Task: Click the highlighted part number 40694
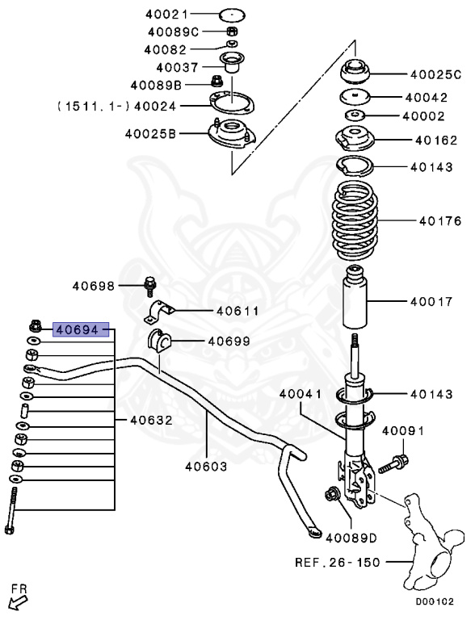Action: point(81,329)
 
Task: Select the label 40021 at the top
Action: point(167,15)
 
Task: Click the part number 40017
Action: point(431,303)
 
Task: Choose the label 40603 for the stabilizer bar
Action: point(205,466)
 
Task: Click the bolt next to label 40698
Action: point(149,286)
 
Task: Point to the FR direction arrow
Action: point(17,601)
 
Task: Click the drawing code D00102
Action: point(439,601)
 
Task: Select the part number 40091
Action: point(402,431)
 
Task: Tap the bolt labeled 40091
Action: point(395,463)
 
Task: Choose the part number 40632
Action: point(151,420)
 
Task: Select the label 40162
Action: point(437,140)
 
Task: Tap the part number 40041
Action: point(301,394)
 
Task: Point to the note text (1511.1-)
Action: point(91,105)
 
